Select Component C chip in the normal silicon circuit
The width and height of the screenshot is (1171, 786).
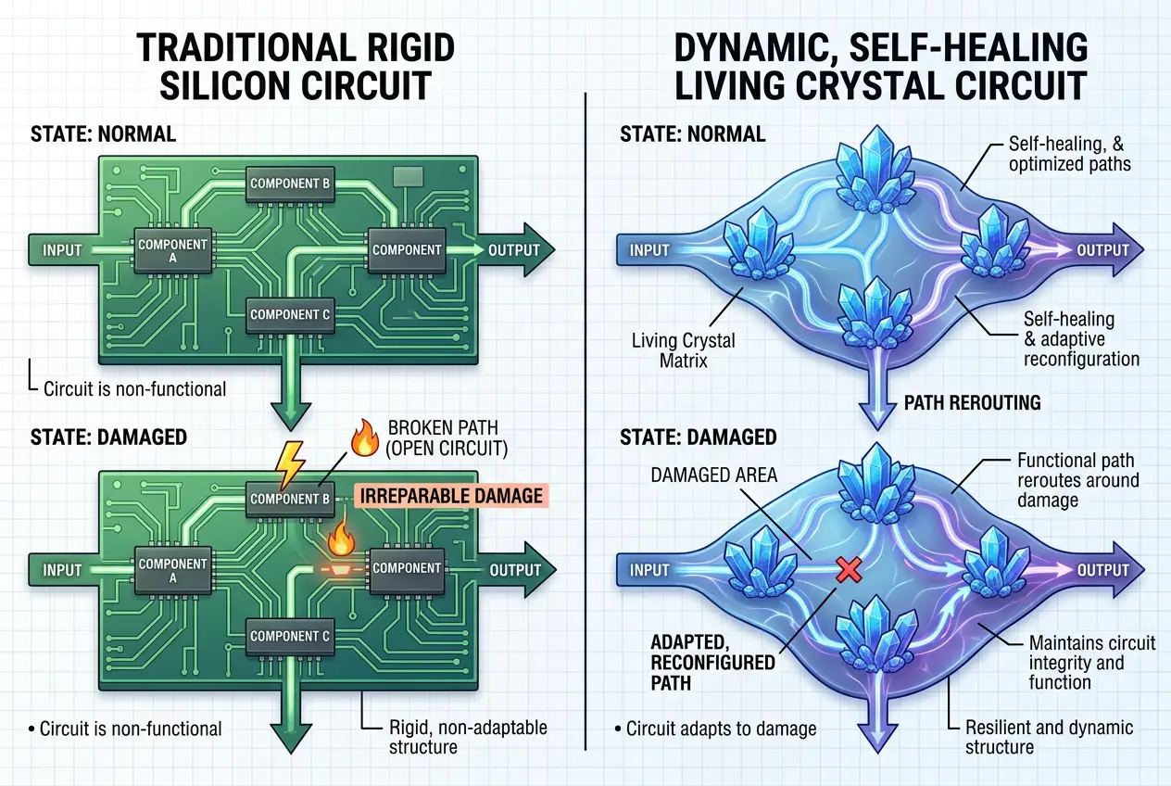290,315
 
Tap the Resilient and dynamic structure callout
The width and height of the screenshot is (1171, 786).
1049,737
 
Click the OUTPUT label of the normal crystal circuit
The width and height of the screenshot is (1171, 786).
1102,250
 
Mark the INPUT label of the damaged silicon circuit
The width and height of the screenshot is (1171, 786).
63,569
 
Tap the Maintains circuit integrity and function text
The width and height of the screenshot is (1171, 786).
1090,662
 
